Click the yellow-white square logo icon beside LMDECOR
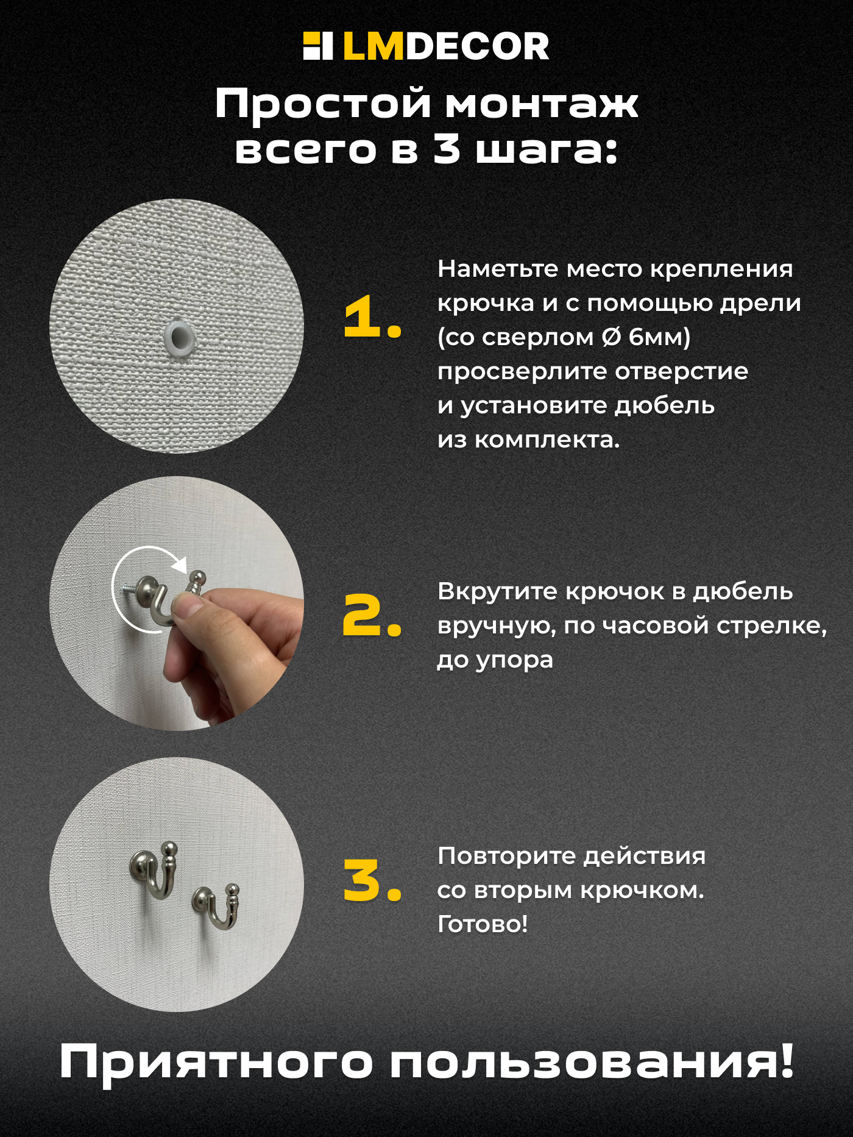(x=317, y=46)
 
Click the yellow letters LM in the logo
(x=373, y=47)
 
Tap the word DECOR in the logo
(x=477, y=47)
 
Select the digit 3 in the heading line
(x=447, y=149)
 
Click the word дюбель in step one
(x=664, y=405)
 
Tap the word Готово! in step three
(x=483, y=924)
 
